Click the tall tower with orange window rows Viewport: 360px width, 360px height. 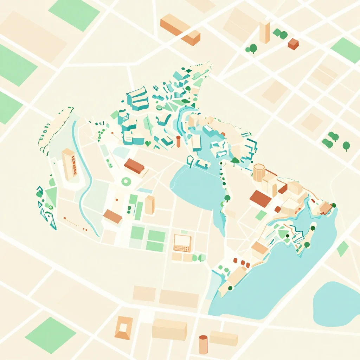tap(69, 163)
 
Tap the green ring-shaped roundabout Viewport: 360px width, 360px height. tap(126, 181)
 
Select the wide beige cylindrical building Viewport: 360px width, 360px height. tap(259, 172)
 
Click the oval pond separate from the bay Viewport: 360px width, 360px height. tap(336, 304)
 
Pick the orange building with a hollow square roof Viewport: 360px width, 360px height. tap(124, 328)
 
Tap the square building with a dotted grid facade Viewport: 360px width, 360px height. tap(182, 243)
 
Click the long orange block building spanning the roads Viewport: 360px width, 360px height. tap(180, 29)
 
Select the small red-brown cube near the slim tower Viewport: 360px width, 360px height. tap(293, 44)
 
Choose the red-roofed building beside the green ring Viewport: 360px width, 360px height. tap(134, 166)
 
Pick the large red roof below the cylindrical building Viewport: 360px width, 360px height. tap(261, 199)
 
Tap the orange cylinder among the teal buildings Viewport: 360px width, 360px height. tap(178, 141)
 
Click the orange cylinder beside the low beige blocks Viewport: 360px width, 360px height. tap(203, 345)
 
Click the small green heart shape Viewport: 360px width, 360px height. tap(148, 143)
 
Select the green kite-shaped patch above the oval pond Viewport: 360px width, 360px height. tap(342, 249)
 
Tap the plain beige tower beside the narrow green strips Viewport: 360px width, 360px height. tap(150, 205)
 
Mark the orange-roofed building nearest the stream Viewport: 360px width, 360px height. tap(112, 216)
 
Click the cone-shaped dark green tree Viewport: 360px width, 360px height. tap(235, 161)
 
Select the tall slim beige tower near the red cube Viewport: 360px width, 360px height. tap(264, 32)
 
